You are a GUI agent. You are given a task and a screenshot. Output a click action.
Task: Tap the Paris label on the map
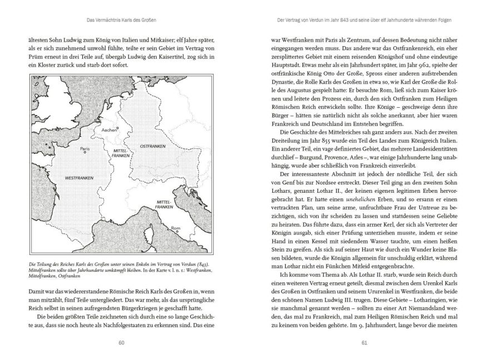(x=85, y=148)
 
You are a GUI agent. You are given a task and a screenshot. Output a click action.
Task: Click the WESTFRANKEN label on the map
(x=78, y=178)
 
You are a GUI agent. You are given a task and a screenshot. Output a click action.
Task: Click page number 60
(x=121, y=342)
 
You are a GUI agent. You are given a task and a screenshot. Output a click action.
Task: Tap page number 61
(x=364, y=342)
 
